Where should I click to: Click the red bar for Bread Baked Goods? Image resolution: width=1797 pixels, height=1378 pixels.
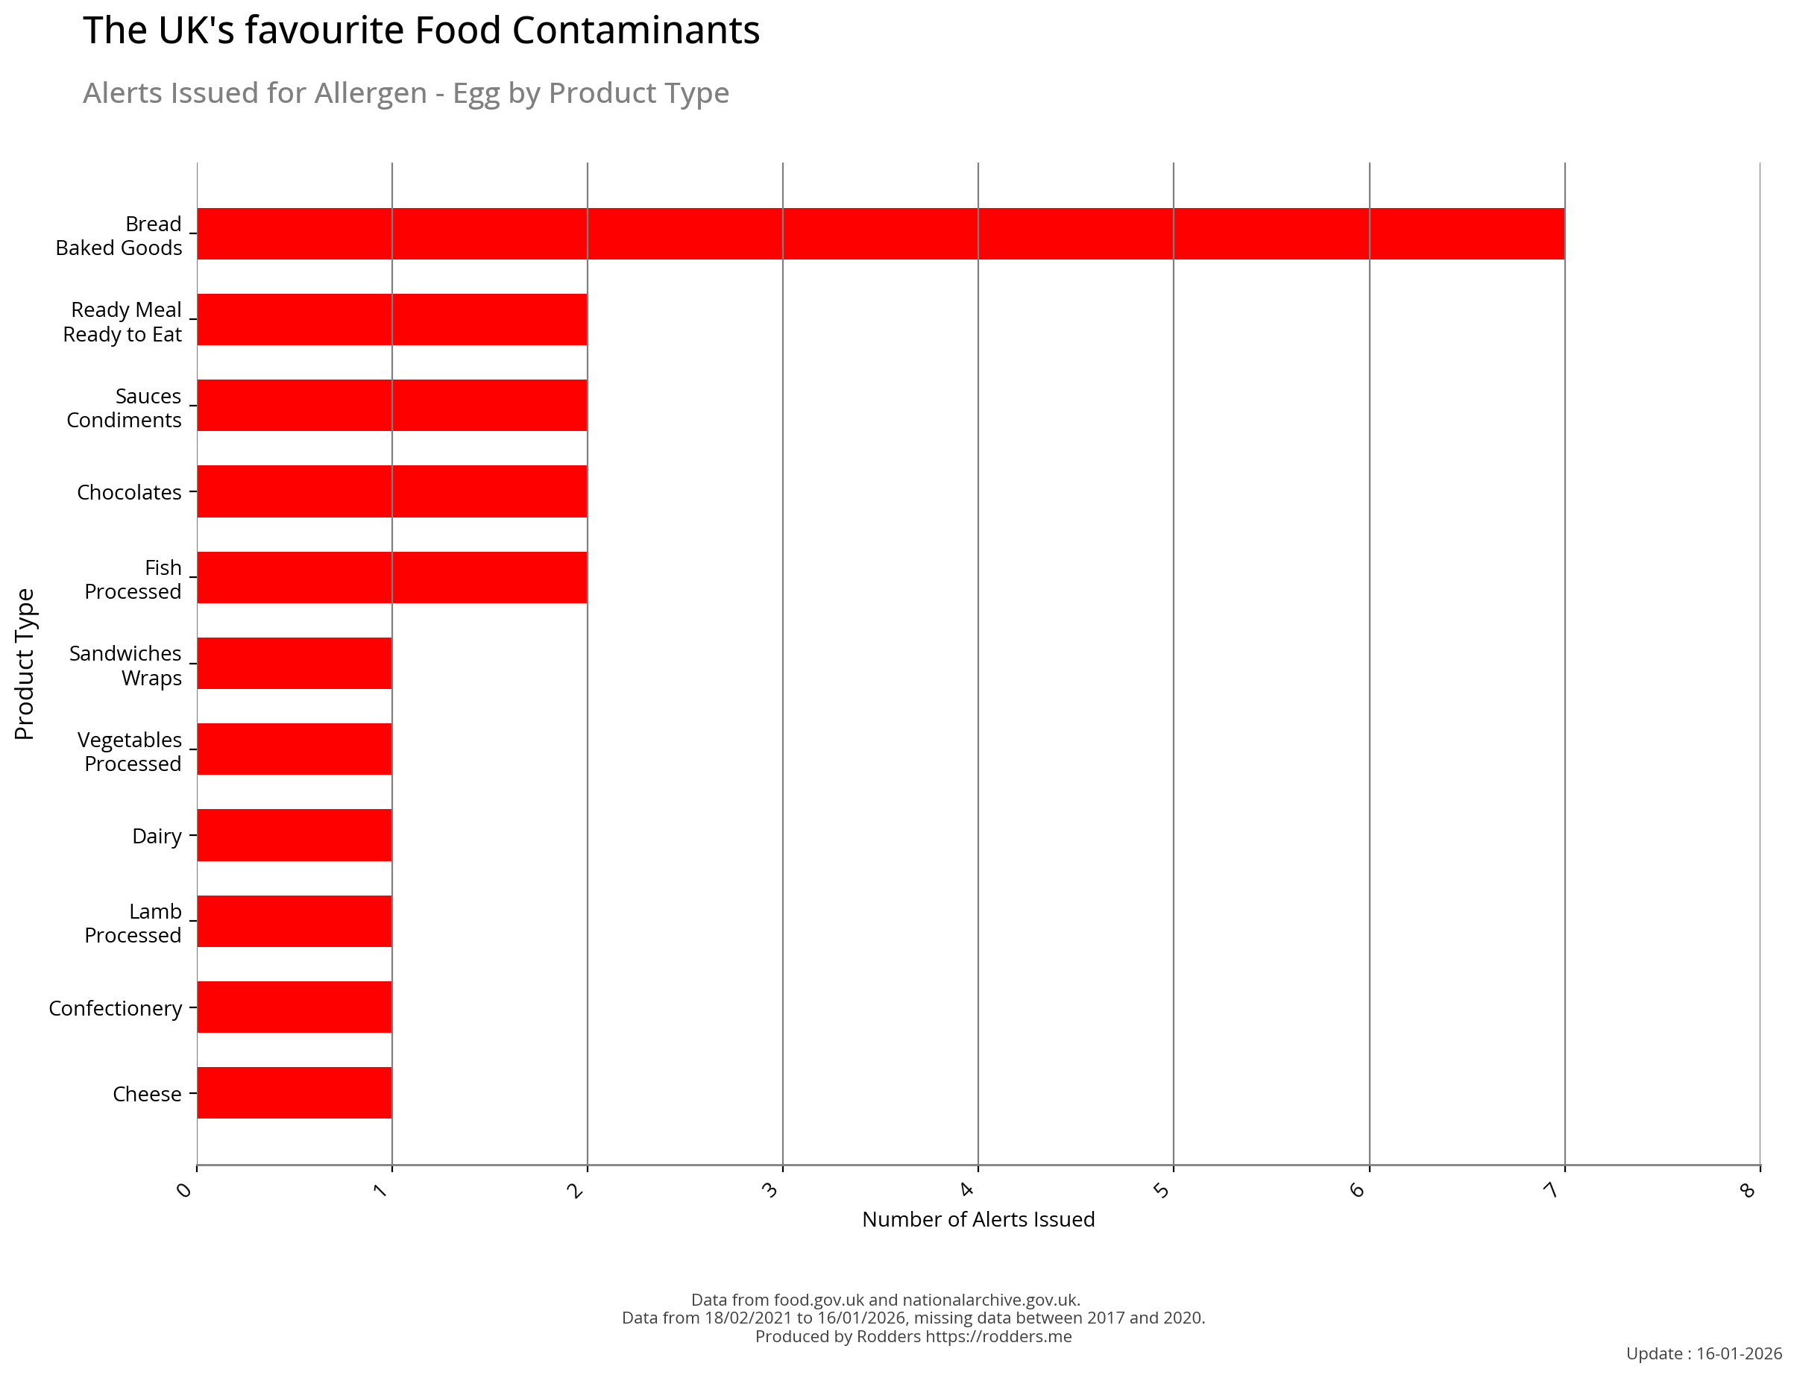[x=880, y=234]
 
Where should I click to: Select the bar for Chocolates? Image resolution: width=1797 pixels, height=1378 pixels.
[x=392, y=491]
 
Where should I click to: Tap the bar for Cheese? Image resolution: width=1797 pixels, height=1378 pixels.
[x=295, y=1092]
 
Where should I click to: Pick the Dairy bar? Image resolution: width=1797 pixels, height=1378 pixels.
[x=295, y=835]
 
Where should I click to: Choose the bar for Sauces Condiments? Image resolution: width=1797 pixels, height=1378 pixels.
[x=392, y=405]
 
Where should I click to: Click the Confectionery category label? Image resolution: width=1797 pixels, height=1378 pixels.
[x=115, y=1008]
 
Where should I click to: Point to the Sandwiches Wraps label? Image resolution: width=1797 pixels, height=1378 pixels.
[x=125, y=665]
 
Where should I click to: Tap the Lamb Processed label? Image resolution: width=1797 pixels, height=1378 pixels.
[x=133, y=923]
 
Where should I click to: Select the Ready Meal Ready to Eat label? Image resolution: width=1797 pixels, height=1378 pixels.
[x=123, y=321]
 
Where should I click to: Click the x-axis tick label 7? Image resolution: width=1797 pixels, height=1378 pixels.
[x=1550, y=1189]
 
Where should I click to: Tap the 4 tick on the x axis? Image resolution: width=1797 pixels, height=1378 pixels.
[x=967, y=1189]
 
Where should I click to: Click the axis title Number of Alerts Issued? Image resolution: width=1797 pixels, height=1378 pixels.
[x=978, y=1220]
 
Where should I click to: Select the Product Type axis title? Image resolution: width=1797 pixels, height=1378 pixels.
[x=25, y=664]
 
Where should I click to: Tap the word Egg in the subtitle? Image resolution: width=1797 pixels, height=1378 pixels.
[x=476, y=93]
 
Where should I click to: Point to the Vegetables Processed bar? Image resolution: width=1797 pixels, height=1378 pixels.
[x=295, y=749]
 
